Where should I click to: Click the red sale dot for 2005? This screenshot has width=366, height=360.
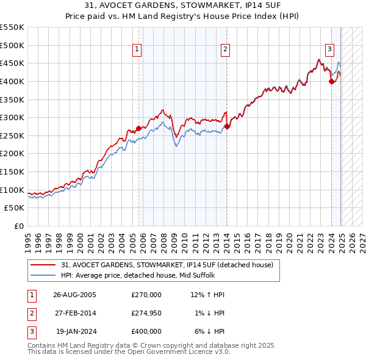tap(138, 128)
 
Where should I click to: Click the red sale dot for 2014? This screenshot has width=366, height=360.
tap(227, 126)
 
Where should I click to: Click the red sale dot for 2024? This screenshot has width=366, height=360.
tap(331, 81)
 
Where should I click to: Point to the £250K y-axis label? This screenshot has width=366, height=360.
tap(12, 135)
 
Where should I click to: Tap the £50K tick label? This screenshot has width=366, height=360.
tap(15, 208)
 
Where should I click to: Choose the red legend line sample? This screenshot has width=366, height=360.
tap(42, 265)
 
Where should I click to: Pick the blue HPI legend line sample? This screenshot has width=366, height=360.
tap(42, 275)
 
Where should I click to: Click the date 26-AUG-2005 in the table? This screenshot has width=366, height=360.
tap(74, 295)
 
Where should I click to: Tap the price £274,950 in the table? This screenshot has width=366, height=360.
tap(146, 313)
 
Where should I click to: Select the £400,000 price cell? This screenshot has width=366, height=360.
tap(146, 331)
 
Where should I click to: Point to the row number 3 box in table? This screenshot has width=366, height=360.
tap(30, 331)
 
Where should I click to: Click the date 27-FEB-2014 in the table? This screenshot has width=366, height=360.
tap(74, 313)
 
